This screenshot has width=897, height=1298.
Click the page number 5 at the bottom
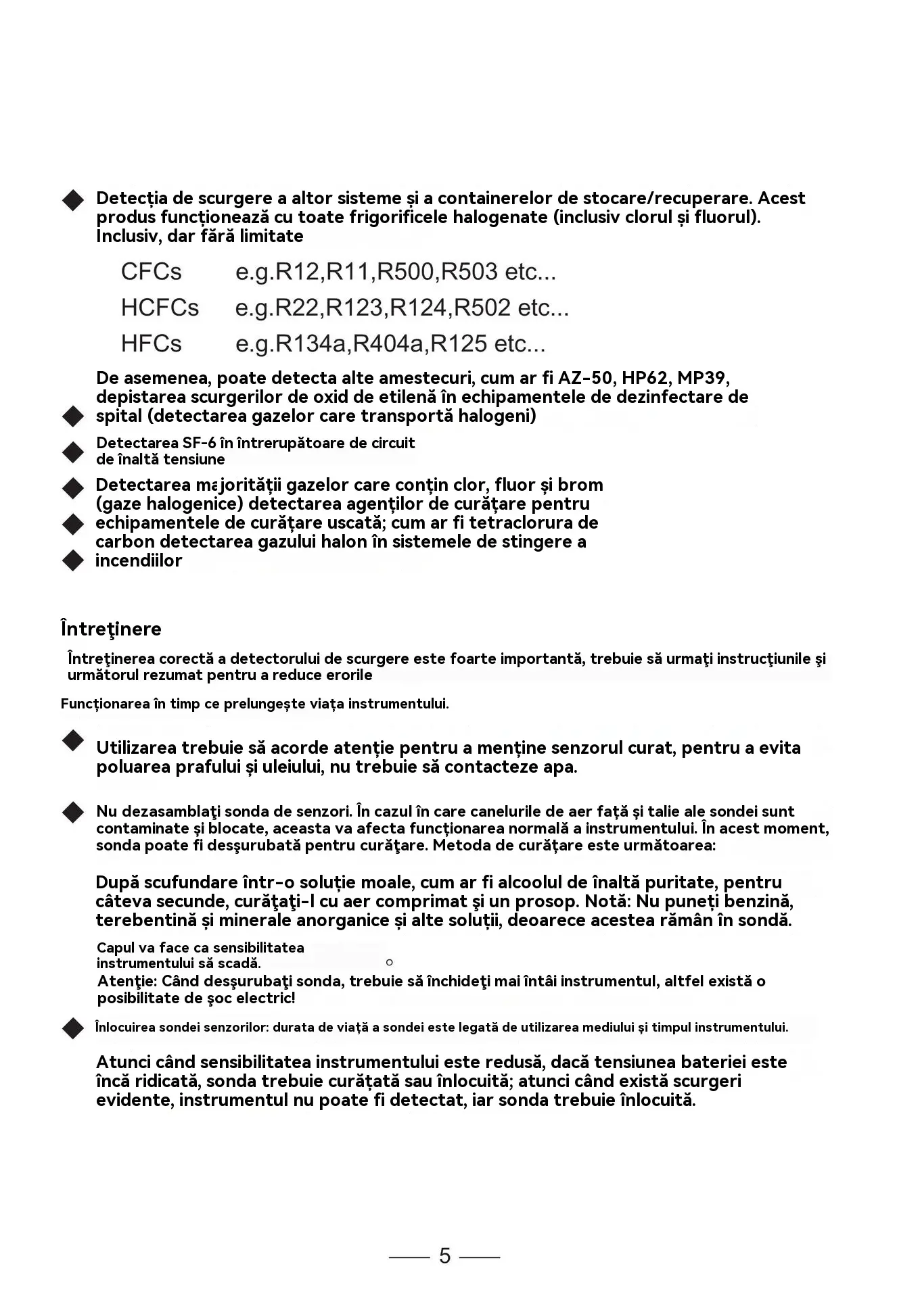pos(444,1256)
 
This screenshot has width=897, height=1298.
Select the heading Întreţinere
pos(111,629)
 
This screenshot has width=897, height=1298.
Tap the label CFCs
pos(151,272)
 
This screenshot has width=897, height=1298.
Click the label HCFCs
pos(160,308)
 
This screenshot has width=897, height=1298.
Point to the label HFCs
pos(151,343)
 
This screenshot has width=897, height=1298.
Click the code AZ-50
pos(582,377)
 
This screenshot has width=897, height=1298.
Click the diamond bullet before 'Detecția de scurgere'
pos(72,200)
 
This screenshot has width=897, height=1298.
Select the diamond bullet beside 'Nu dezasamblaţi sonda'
pos(72,813)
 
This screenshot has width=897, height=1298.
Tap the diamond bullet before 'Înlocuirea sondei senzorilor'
pos(72,1028)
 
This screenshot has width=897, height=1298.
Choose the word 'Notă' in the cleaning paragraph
pos(604,901)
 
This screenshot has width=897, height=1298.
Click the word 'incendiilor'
pos(139,561)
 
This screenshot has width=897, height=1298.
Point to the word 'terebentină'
pos(139,920)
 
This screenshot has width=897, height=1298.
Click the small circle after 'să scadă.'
pos(389,963)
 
